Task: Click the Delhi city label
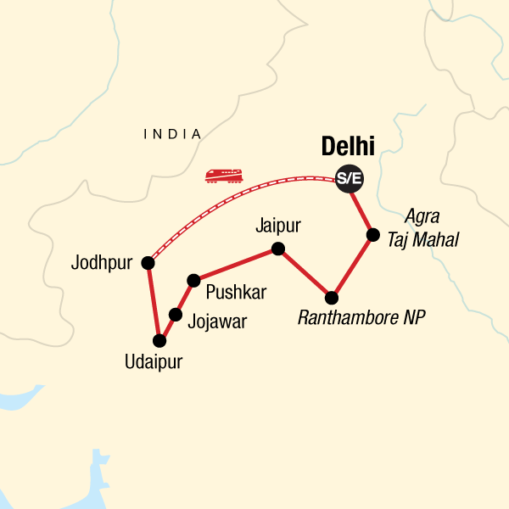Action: [348, 146]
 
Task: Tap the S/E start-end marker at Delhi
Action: [347, 178]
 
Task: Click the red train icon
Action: [224, 176]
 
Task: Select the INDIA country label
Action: [173, 134]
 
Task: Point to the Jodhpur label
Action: [103, 262]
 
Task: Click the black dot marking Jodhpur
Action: [148, 263]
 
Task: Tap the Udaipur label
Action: [153, 362]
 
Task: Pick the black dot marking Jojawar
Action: [176, 315]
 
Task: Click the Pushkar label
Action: [236, 293]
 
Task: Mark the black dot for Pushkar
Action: [193, 279]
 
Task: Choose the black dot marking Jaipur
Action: [277, 249]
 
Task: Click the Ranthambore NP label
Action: [361, 318]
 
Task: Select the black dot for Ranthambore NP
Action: [332, 298]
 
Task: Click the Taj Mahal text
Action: [422, 240]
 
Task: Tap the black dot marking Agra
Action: [372, 234]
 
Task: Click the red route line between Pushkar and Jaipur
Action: [235, 264]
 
